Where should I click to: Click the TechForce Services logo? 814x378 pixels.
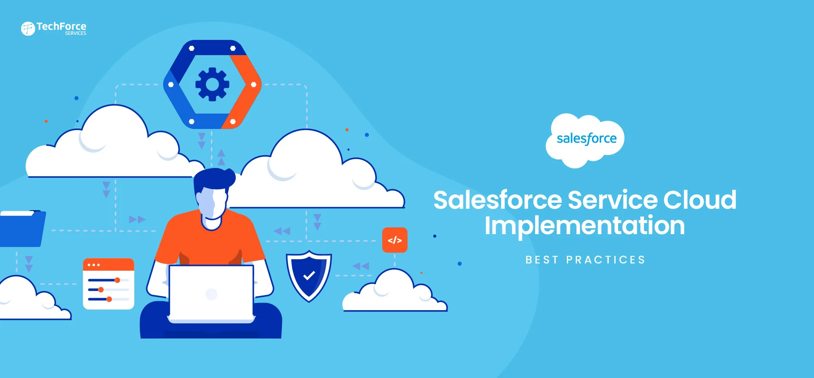click(x=53, y=28)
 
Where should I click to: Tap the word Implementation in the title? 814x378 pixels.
click(x=584, y=226)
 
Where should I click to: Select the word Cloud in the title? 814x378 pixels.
click(x=700, y=200)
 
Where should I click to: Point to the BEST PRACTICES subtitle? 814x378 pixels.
click(x=585, y=260)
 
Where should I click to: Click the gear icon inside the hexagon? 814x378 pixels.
click(x=212, y=84)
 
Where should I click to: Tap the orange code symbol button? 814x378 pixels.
click(x=395, y=240)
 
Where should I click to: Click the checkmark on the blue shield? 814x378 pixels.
click(x=309, y=276)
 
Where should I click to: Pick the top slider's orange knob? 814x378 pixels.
click(x=117, y=280)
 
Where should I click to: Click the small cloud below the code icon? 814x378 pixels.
click(x=394, y=293)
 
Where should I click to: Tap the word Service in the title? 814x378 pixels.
click(x=613, y=200)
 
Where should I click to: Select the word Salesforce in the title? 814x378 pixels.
click(x=497, y=200)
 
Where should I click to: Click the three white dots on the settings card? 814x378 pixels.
click(x=93, y=265)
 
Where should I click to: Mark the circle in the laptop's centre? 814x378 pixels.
click(x=211, y=294)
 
